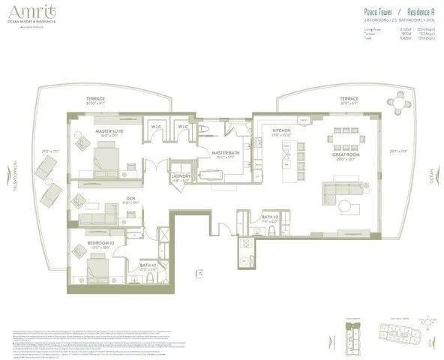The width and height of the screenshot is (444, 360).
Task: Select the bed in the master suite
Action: [x=106, y=158]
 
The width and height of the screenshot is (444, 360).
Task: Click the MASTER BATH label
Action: [x=225, y=154]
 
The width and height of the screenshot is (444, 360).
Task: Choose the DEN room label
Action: [x=130, y=200]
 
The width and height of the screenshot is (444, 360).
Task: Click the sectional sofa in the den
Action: [x=97, y=217]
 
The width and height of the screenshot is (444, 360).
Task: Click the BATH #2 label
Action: [x=149, y=265]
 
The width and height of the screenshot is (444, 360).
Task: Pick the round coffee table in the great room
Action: [x=343, y=205]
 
